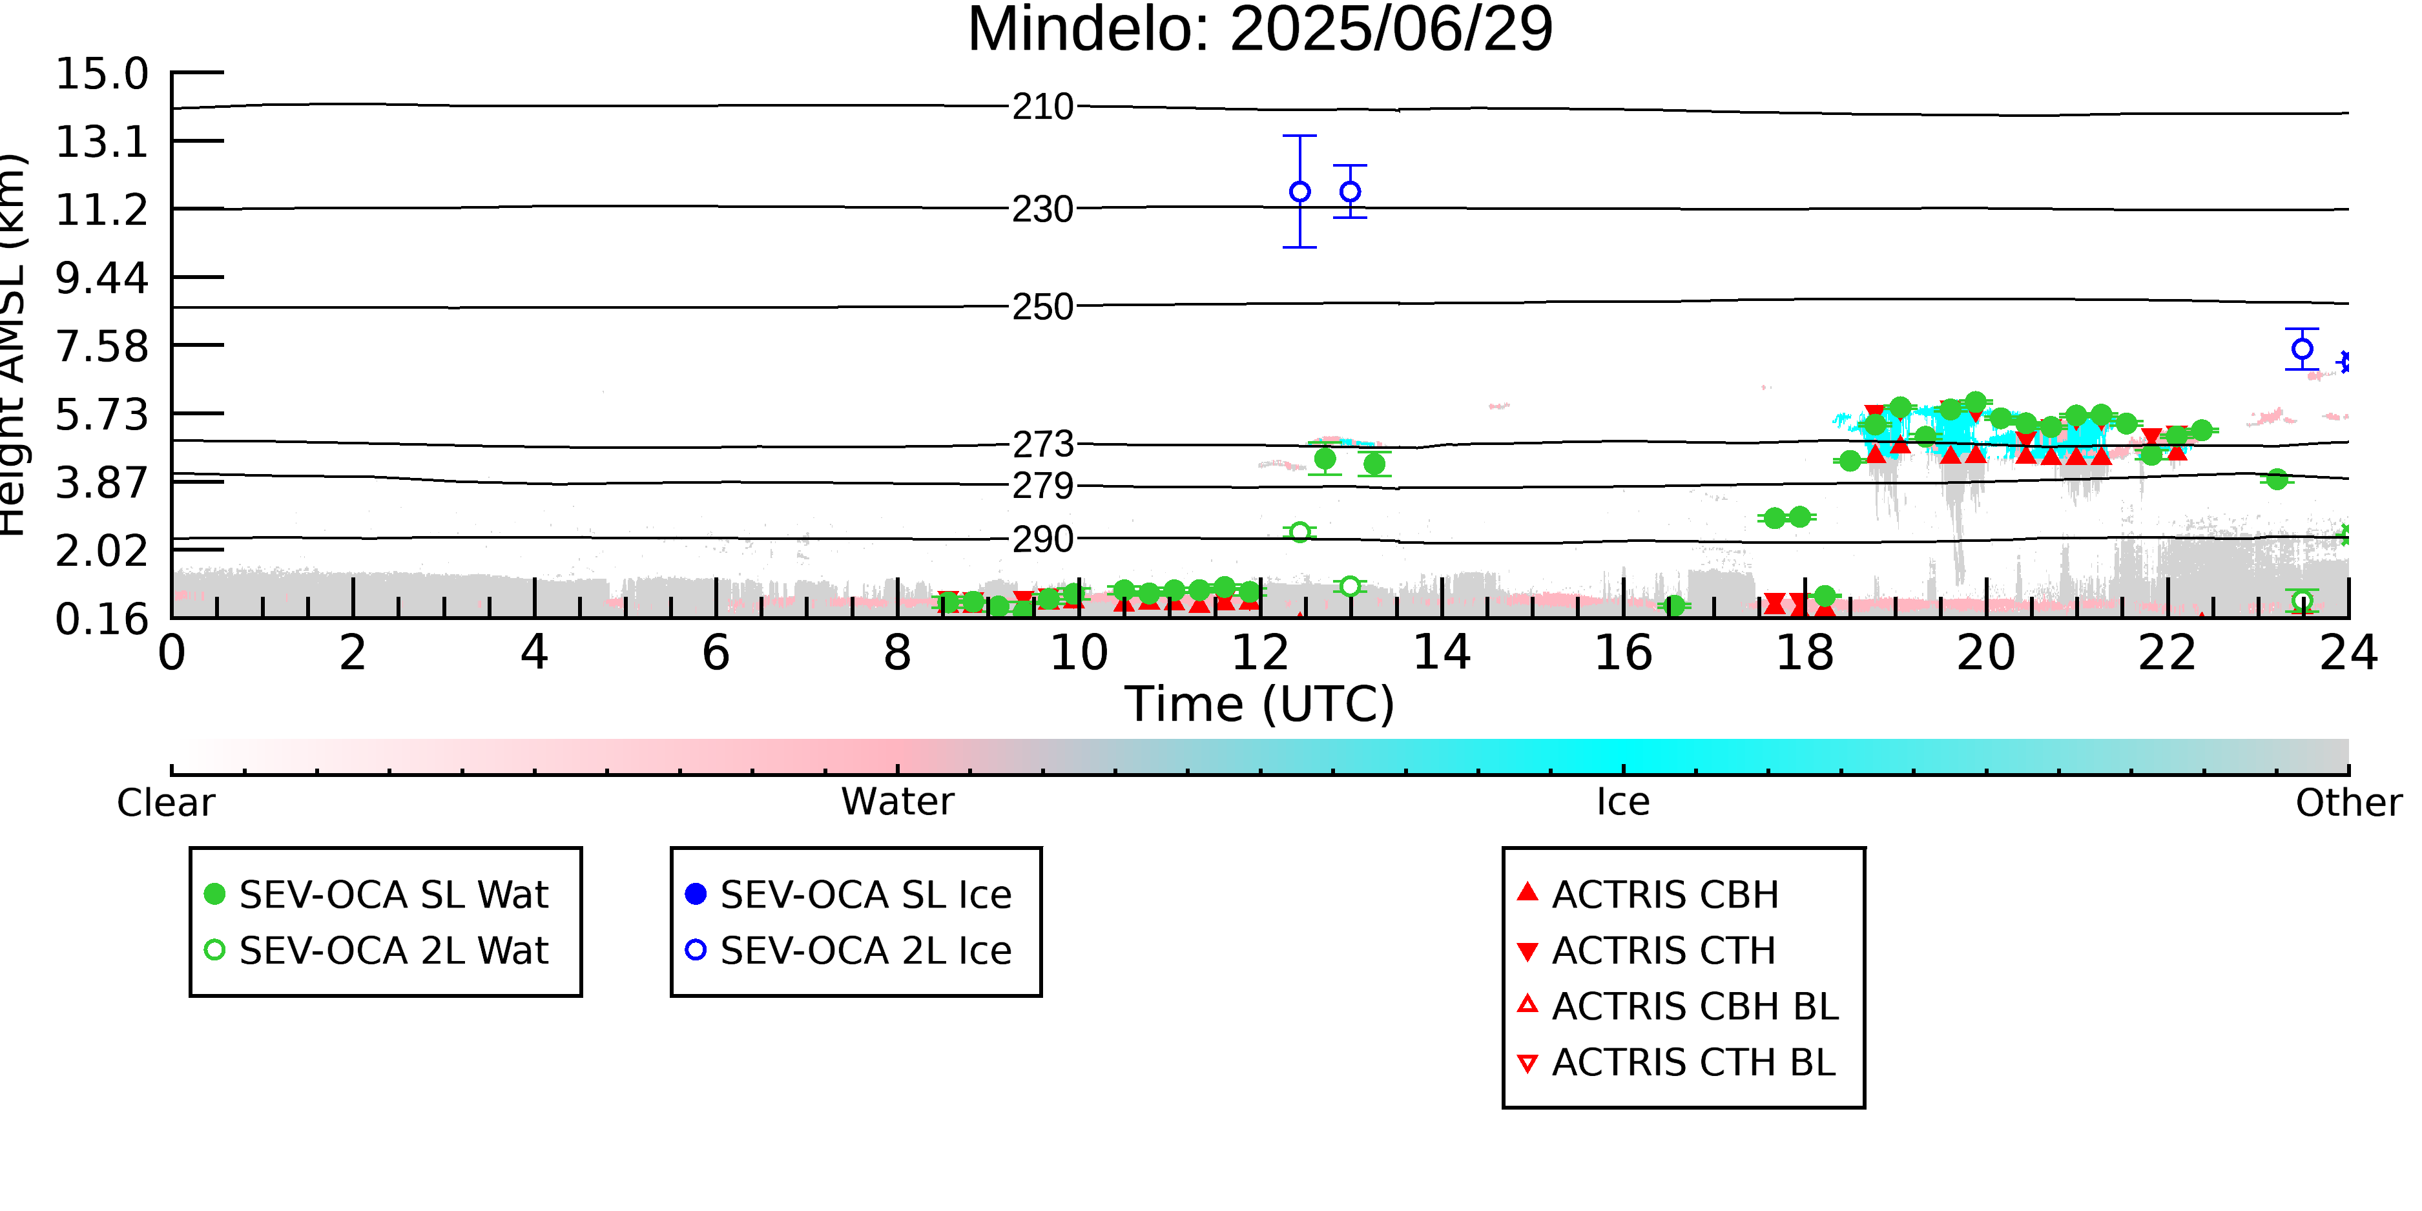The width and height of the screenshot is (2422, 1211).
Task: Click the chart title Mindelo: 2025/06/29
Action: click(x=1260, y=30)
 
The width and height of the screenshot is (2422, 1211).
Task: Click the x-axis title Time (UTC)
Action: click(x=1260, y=704)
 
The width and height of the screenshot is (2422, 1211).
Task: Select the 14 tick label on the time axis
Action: click(x=1442, y=652)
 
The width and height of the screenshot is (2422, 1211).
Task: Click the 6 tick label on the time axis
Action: click(x=716, y=652)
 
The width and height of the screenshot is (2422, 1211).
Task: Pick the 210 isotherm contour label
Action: click(x=1042, y=107)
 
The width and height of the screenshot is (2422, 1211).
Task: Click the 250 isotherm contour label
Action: click(x=1042, y=307)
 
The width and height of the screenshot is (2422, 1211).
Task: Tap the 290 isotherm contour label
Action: click(x=1042, y=540)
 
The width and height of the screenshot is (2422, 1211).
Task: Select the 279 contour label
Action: click(x=1042, y=486)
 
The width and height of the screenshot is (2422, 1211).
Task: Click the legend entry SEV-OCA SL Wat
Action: click(x=376, y=894)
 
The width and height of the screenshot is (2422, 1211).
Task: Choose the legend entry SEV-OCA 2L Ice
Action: click(x=849, y=951)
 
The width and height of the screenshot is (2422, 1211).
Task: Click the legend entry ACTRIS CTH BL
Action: click(x=1677, y=1062)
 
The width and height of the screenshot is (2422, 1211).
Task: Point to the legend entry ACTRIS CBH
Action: click(x=1648, y=894)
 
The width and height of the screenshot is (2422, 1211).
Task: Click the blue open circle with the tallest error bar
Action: click(x=1300, y=192)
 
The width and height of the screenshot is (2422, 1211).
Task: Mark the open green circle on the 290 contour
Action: click(x=1300, y=532)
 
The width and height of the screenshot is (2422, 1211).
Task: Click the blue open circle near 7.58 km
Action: click(x=2303, y=349)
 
